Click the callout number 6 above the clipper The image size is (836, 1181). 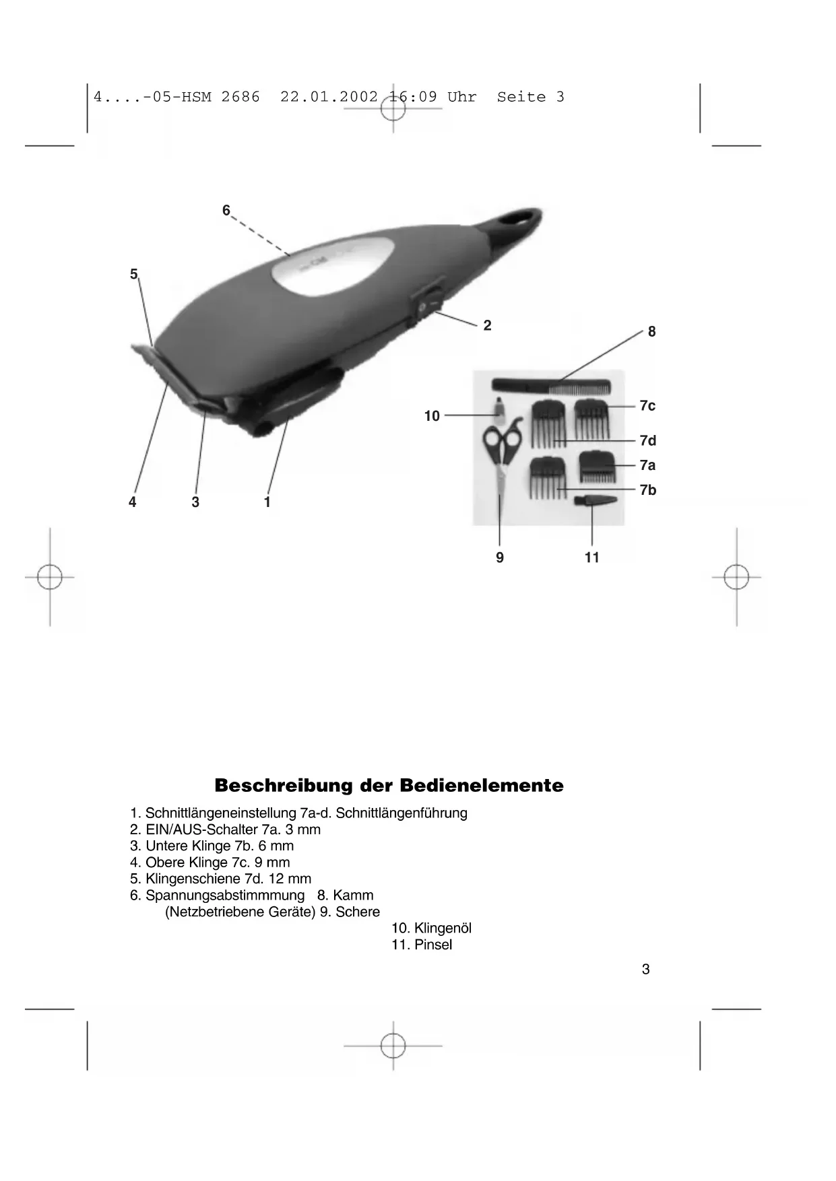click(226, 211)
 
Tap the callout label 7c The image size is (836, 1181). click(647, 405)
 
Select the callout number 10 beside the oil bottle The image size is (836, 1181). click(432, 416)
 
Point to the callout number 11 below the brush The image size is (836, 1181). click(592, 558)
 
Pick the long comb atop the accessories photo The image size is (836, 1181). click(551, 386)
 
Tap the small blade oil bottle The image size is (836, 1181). click(499, 408)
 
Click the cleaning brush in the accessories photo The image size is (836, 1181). click(594, 501)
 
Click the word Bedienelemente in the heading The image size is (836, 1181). click(482, 786)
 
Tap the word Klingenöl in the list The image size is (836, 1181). click(443, 929)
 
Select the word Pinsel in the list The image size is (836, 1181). click(433, 945)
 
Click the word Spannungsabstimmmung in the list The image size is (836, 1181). click(225, 896)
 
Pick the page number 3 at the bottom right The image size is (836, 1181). click(645, 970)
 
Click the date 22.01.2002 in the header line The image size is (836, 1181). click(329, 97)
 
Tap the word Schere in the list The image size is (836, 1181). click(358, 912)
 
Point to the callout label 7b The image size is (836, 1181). click(648, 490)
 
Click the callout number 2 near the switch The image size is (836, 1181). click(487, 326)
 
